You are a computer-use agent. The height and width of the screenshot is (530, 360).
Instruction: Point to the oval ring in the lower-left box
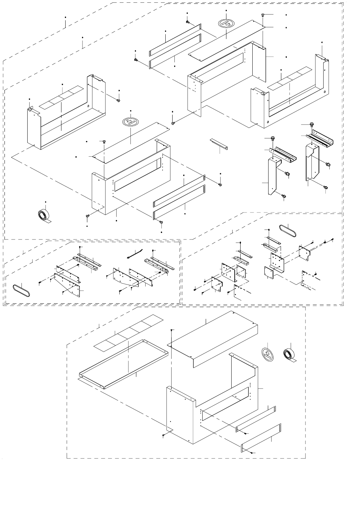tap(21, 289)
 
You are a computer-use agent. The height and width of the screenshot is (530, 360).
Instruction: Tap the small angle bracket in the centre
tap(218, 144)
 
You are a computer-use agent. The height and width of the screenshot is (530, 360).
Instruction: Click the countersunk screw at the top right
tap(263, 15)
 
